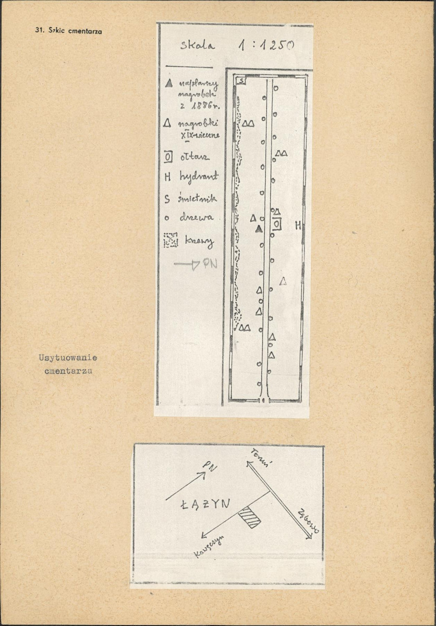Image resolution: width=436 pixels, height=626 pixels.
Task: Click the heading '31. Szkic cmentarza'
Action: click(68, 31)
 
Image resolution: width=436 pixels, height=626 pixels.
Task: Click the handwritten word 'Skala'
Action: click(198, 45)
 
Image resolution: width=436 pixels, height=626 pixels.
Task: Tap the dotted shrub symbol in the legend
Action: click(171, 240)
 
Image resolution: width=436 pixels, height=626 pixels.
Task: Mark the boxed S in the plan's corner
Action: click(241, 81)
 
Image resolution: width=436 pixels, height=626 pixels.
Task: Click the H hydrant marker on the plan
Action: click(298, 226)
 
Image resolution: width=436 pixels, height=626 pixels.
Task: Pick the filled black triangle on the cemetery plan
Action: click(258, 229)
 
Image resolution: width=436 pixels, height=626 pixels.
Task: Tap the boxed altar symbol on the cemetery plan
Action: click(277, 224)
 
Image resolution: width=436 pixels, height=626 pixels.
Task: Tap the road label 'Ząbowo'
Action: click(308, 520)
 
